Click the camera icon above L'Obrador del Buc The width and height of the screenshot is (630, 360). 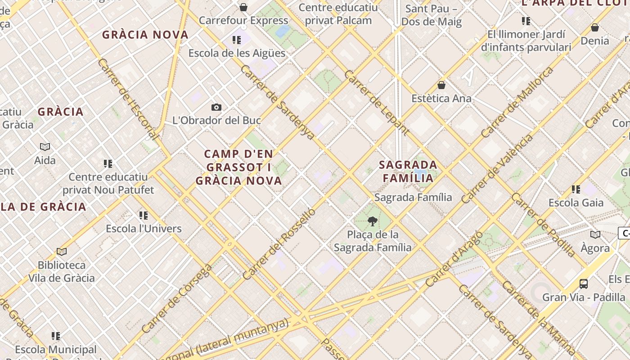(216, 107)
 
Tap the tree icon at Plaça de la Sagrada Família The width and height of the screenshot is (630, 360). (372, 221)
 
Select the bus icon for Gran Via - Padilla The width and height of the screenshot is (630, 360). (584, 284)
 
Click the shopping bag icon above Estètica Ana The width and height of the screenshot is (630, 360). (441, 85)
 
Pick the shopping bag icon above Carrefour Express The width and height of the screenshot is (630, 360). (243, 7)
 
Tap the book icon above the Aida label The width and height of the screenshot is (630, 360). (45, 147)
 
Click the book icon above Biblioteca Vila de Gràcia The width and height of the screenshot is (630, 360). (62, 252)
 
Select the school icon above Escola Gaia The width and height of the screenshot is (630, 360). (576, 189)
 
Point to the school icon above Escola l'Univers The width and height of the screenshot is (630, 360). (144, 216)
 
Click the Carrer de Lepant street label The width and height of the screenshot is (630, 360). (377, 103)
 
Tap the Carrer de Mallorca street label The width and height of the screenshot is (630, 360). (517, 102)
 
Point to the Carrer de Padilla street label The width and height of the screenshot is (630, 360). (543, 225)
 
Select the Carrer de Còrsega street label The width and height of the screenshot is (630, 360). (176, 298)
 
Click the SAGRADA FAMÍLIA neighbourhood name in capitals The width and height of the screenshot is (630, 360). (408, 171)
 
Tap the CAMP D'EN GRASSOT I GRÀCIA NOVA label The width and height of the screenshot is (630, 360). (238, 167)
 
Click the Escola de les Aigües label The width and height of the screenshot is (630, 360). (237, 53)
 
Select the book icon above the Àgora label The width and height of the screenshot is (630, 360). (595, 234)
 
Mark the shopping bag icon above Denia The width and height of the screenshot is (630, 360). (595, 27)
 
